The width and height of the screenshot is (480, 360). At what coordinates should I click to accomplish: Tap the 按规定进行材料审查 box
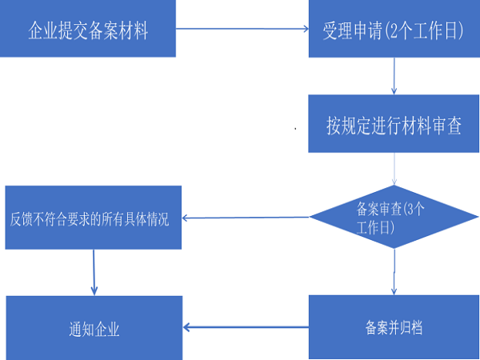(x=394, y=125)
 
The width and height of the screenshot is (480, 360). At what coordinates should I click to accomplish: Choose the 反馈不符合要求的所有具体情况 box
(x=94, y=218)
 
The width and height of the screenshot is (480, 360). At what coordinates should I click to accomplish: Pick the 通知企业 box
(x=94, y=327)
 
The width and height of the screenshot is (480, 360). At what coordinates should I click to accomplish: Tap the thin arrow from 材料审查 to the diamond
(x=394, y=170)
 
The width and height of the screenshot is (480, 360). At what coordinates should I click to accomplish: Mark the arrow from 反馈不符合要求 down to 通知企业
(x=94, y=272)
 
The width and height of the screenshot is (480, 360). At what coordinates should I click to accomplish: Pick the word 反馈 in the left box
(x=19, y=218)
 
